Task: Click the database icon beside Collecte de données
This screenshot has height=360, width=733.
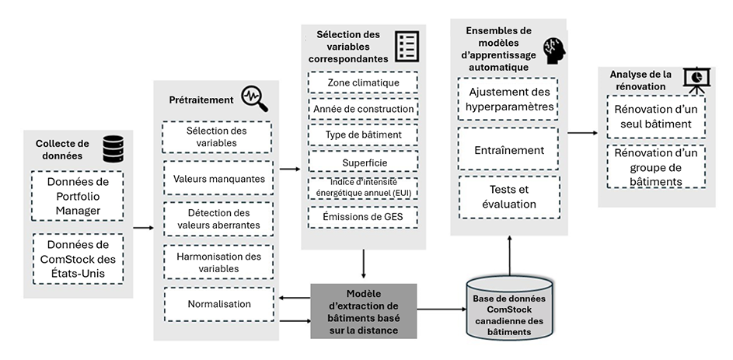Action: (113, 148)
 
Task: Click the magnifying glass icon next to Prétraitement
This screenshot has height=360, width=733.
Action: (254, 97)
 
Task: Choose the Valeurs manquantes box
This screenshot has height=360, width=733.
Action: (218, 179)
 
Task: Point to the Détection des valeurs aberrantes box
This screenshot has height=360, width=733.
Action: (218, 219)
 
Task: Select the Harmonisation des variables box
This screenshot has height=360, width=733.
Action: (218, 262)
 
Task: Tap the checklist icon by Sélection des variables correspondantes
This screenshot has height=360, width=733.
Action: (407, 47)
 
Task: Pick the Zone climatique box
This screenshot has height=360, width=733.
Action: (363, 82)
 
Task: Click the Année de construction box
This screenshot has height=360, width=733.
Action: (363, 109)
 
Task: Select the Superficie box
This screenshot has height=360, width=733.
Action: (363, 162)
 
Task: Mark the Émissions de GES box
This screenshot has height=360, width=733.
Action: (363, 216)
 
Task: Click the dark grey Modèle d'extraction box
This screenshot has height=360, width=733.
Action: (364, 311)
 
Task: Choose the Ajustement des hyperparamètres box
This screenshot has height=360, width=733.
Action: (508, 99)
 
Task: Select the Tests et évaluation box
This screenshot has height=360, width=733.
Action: (508, 197)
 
